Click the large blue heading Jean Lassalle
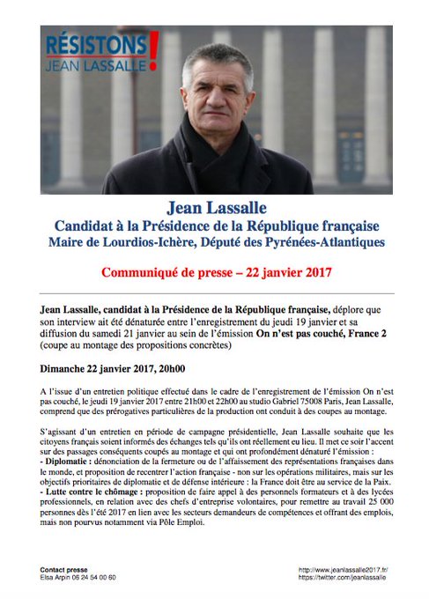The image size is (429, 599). pyautogui.click(x=214, y=210)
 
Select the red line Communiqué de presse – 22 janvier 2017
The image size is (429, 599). pyautogui.click(x=214, y=271)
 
